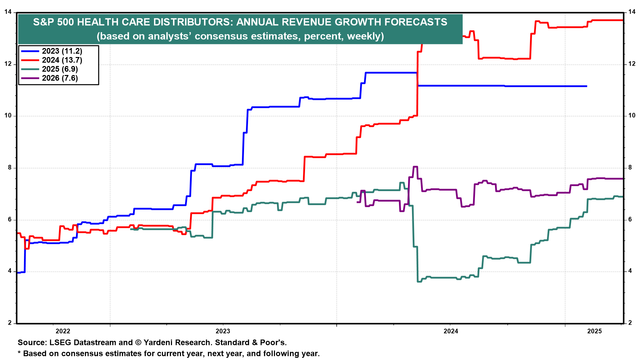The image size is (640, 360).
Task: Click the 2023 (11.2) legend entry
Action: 52,51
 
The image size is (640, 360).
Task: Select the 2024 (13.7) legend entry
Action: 52,60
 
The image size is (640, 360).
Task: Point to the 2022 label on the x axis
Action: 63,331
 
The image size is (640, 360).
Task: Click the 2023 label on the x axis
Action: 223,331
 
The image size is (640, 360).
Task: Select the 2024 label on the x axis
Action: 451,331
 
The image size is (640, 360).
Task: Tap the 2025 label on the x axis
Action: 594,331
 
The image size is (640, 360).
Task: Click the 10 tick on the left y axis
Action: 8,116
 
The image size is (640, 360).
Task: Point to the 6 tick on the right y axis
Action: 630,219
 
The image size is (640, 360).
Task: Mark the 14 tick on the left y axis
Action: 8,12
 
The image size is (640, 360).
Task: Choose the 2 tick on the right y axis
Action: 630,323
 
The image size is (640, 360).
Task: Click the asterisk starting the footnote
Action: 19,352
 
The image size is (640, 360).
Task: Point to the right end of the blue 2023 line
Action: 587,86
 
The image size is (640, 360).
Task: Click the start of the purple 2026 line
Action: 357,202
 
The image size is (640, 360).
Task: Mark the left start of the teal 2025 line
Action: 131,229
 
